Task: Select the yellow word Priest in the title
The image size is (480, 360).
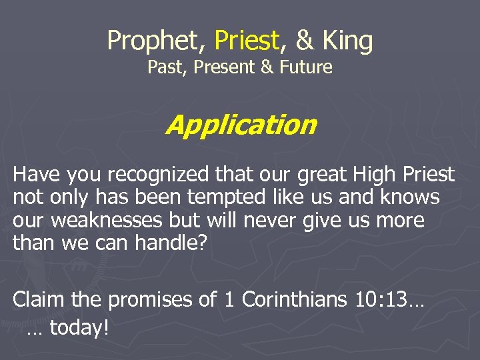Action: (x=246, y=41)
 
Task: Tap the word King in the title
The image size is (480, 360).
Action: (x=347, y=41)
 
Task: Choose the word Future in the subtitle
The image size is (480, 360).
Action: (x=303, y=67)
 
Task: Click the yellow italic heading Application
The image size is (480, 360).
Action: (x=241, y=125)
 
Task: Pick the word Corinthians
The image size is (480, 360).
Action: (x=294, y=300)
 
